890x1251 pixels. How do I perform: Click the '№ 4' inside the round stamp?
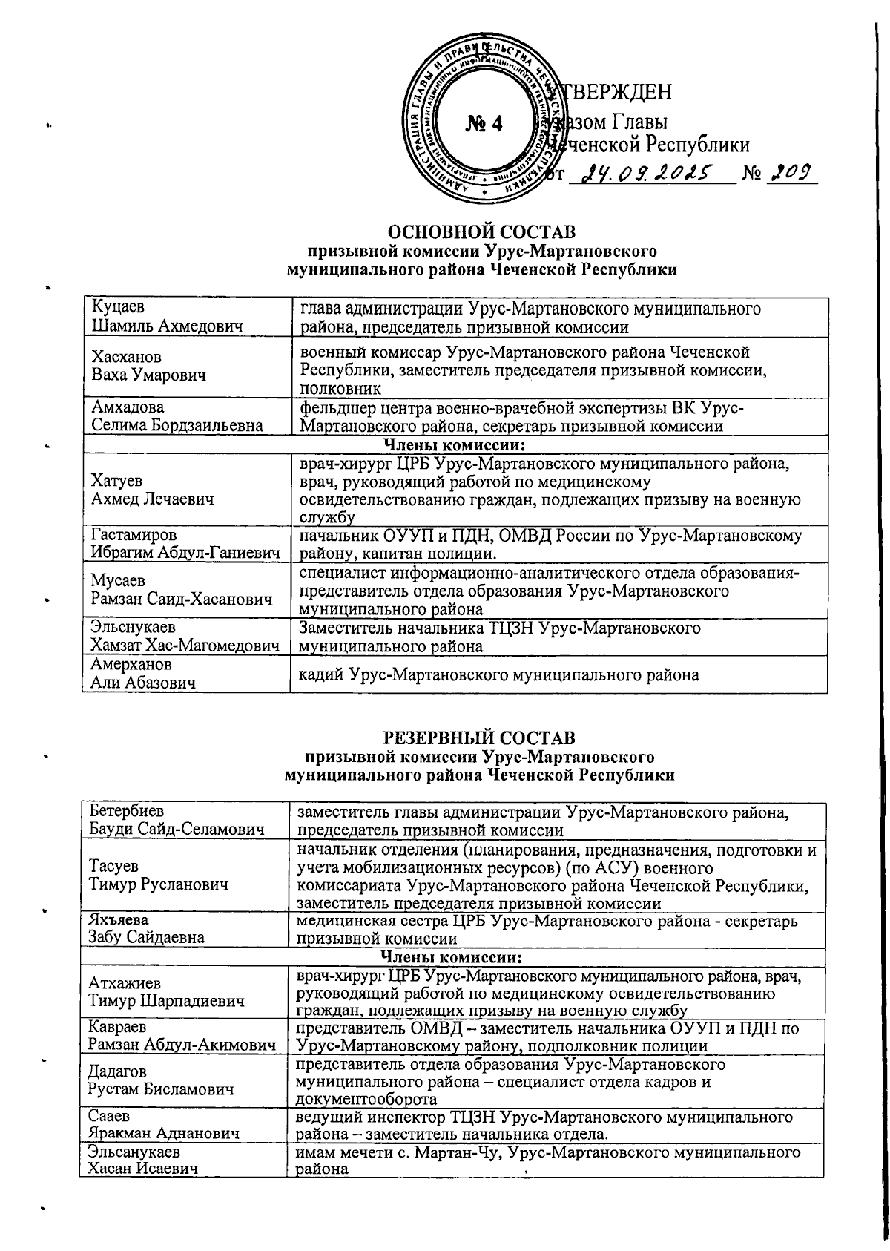pos(484,123)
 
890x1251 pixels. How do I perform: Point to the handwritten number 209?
pos(791,173)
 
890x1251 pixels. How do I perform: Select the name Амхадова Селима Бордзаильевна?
pos(176,416)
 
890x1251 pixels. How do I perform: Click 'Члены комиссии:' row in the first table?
pos(453,444)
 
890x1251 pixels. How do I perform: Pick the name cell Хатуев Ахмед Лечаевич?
pos(153,490)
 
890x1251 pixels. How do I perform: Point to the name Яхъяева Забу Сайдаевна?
pos(145,928)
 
